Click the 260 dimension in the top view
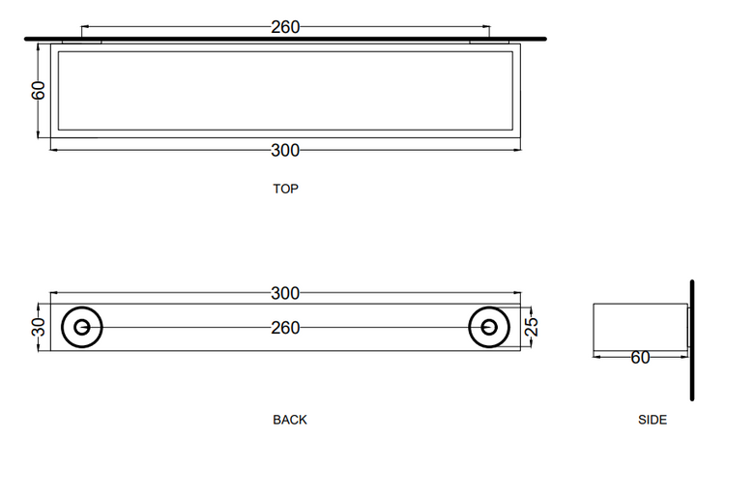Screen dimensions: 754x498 coord(285,27)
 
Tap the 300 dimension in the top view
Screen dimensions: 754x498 coord(285,151)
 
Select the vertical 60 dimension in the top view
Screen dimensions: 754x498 coord(38,91)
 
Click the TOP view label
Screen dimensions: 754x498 coord(285,189)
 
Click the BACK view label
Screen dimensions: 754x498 coord(289,420)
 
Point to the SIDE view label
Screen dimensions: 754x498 coord(652,420)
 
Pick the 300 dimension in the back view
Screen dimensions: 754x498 coord(285,293)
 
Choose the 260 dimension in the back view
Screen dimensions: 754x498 coord(285,328)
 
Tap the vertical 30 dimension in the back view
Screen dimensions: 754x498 coord(40,327)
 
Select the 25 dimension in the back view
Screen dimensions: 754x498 coord(532,327)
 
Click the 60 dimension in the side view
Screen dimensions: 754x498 coord(640,358)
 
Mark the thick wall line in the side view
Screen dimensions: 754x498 coord(692,340)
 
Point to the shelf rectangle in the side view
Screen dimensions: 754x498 coord(594,331)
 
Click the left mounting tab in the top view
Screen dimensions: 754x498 coord(82,43)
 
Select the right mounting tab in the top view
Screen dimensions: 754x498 coord(489,43)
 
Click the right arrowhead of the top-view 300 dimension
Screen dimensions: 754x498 coord(517,150)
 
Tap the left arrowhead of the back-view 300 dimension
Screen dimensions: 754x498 coord(54,293)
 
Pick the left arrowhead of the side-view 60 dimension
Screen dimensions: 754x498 coord(597,357)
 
